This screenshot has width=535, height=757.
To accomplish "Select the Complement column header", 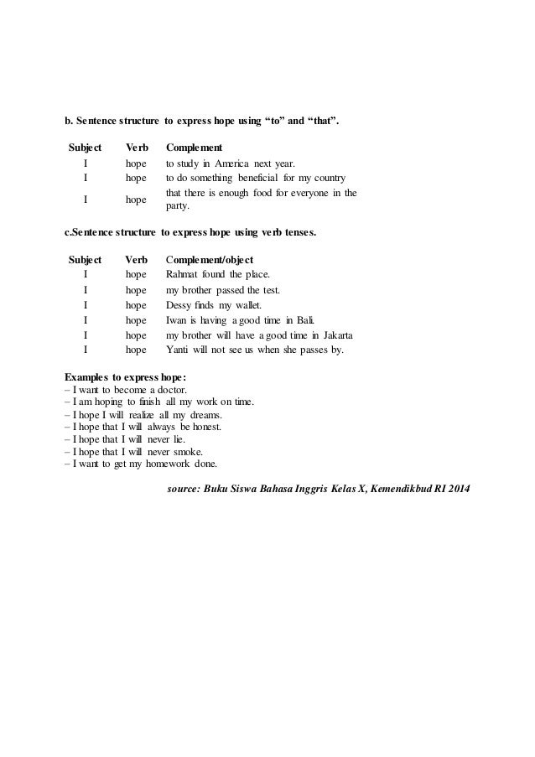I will coord(194,148).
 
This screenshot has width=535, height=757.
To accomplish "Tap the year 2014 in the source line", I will coord(458,488).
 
